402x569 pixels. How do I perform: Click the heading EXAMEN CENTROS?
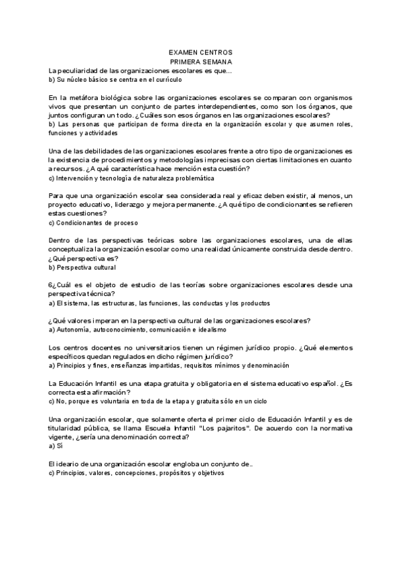pos(200,52)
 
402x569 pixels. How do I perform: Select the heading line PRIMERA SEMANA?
pos(200,61)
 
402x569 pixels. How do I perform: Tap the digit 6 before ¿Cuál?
pos(51,285)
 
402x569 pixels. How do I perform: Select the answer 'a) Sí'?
pos(56,446)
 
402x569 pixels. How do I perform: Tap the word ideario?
pos(69,464)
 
